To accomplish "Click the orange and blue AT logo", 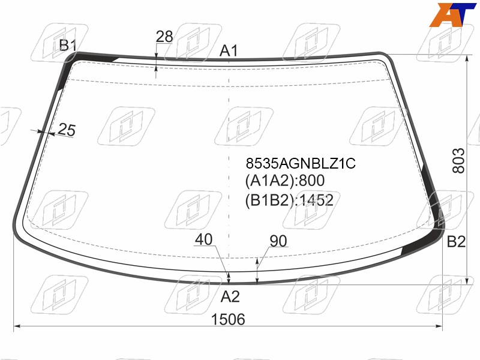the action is (452, 14).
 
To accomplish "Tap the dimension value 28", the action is (164, 37).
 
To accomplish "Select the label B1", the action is (68, 45).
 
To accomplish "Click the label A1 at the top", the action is (229, 50).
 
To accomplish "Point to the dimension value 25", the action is (67, 130).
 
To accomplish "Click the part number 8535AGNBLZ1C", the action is (301, 163).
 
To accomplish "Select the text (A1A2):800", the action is (284, 181).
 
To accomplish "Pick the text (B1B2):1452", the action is (289, 200).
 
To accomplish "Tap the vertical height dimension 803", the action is (458, 161).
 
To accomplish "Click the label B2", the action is (456, 242).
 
